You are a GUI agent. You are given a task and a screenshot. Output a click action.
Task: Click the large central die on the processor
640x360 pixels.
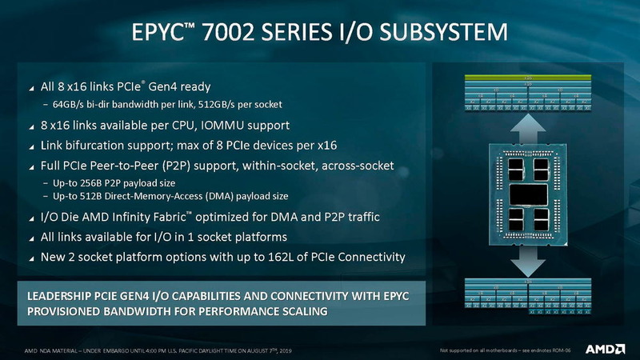coord(529,194)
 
